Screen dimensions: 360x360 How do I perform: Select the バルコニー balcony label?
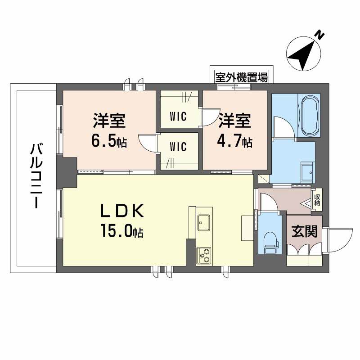(x=35, y=175)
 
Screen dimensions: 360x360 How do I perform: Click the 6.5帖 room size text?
(x=109, y=142)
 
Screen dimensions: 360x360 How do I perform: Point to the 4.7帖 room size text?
(x=235, y=142)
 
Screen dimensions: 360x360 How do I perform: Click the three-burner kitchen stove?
(x=204, y=255)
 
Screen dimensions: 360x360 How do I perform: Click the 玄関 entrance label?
(x=305, y=231)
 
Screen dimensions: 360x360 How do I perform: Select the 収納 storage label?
(x=318, y=199)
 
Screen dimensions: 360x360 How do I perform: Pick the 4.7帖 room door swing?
(x=210, y=118)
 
